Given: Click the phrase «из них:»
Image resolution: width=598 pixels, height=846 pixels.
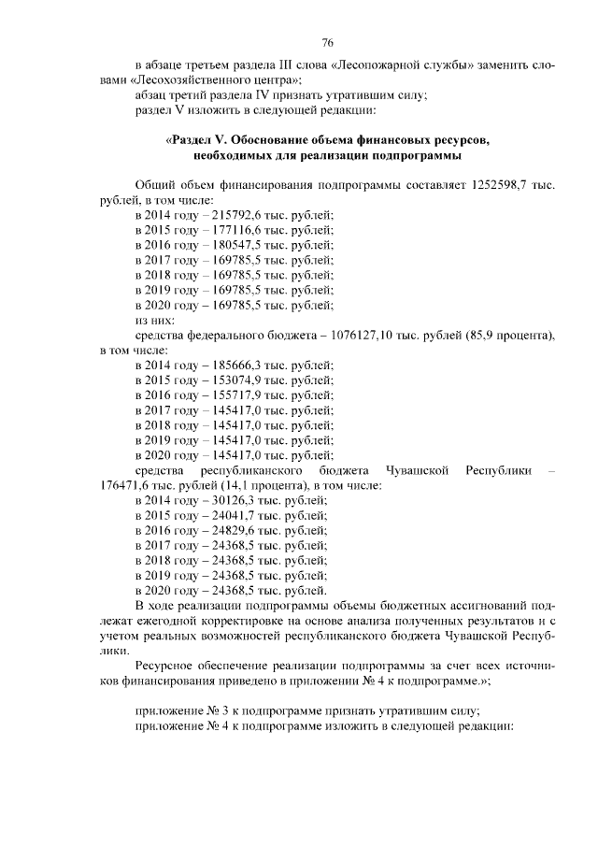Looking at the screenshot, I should pos(155,320).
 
